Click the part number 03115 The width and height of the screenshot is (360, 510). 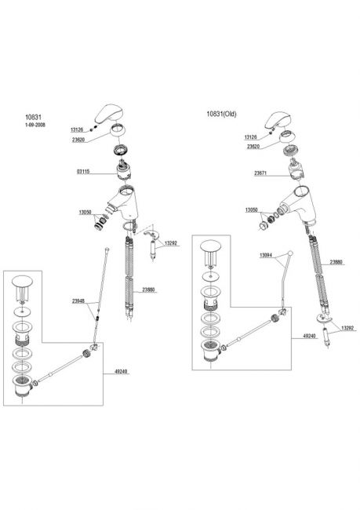tap(83, 171)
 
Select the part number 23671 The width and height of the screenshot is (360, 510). tap(260, 173)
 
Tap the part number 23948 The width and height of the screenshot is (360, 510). tap(78, 301)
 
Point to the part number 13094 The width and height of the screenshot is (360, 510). tap(266, 256)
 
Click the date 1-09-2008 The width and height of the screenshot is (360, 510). tap(35, 125)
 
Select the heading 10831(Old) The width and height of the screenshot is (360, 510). tap(221, 114)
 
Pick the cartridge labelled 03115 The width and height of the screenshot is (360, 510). tap(123, 170)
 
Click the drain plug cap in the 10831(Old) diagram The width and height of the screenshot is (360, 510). tap(210, 246)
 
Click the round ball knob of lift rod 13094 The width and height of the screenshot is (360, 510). tap(290, 253)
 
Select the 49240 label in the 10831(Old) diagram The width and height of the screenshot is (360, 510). tap(309, 337)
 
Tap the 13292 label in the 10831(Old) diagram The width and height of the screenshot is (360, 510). tap(347, 328)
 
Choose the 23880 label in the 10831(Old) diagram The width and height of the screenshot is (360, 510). tap(336, 262)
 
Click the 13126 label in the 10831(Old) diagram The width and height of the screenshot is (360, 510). tap(251, 137)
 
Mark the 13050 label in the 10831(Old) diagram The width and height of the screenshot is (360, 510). tap(252, 210)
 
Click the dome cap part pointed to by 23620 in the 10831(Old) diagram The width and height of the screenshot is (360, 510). tap(289, 137)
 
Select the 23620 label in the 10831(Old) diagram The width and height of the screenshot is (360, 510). tap(253, 147)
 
